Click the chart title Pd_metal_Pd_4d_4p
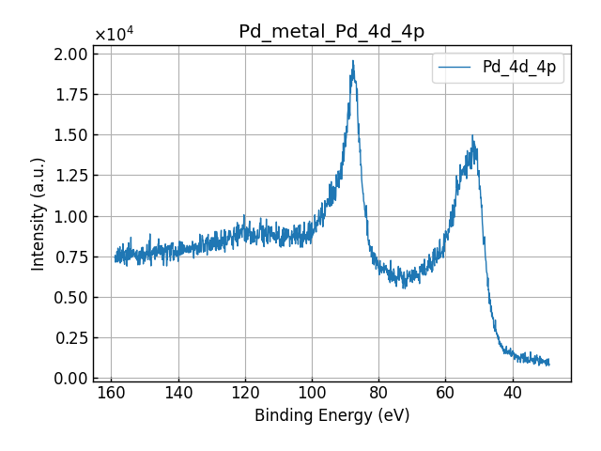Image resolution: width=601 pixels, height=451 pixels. [331, 32]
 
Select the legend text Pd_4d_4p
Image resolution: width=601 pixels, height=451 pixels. [519, 67]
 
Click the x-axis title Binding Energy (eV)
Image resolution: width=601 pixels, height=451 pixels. [331, 415]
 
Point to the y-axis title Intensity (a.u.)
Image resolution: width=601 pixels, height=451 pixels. [39, 215]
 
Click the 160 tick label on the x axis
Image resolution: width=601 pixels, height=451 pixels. [112, 393]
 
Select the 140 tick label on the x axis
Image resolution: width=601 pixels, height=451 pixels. [178, 393]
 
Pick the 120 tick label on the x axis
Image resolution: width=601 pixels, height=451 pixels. [245, 393]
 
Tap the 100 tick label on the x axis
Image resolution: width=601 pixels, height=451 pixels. [312, 393]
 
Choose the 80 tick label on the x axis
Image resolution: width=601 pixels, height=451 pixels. [379, 393]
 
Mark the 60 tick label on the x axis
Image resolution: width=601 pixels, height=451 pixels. [446, 393]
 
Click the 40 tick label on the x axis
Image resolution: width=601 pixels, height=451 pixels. [513, 393]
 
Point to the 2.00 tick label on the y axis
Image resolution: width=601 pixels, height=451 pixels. [69, 54]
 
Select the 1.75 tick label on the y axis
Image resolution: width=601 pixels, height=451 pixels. [69, 95]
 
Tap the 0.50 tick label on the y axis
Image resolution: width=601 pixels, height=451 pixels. [69, 297]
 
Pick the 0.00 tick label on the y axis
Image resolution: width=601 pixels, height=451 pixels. [69, 378]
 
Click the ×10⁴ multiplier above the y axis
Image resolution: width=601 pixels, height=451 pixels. [114, 35]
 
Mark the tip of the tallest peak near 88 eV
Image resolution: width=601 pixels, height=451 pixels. [353, 62]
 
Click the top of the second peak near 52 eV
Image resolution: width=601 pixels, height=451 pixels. [472, 136]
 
